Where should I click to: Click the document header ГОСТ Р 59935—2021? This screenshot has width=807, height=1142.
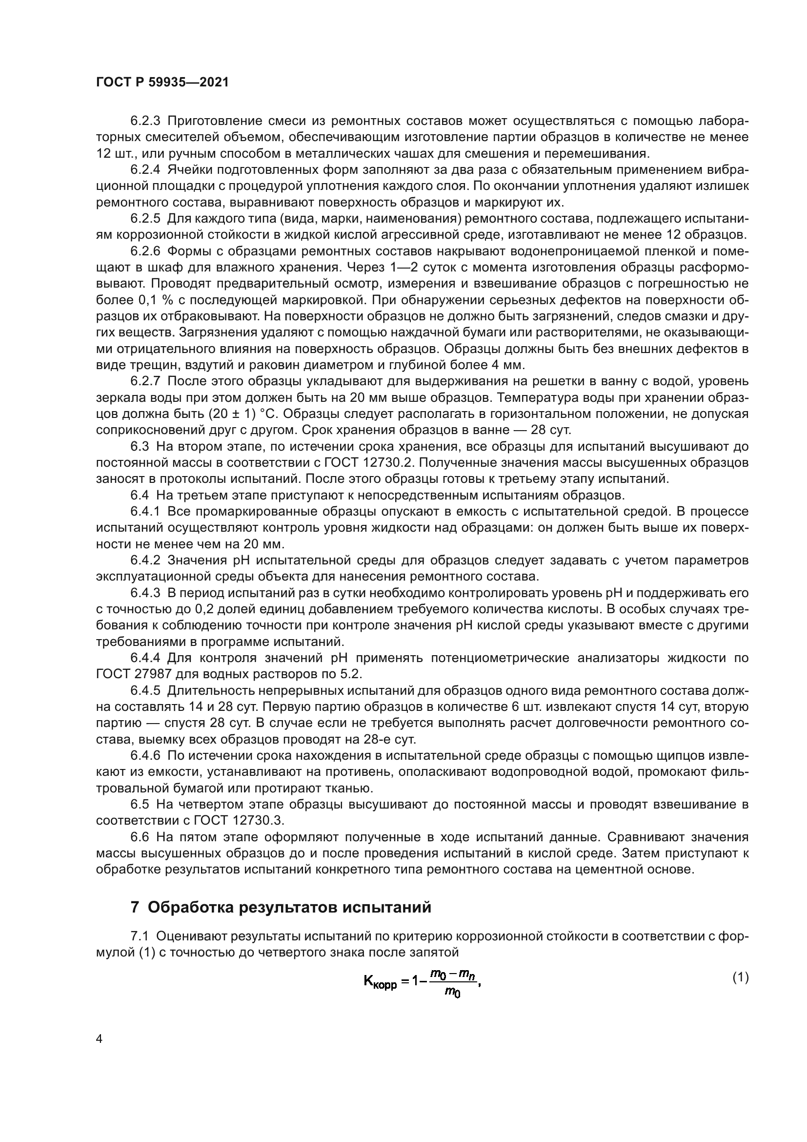tap(162, 83)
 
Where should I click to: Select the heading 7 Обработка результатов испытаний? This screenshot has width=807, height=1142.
tap(281, 907)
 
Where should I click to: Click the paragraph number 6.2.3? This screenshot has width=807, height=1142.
tap(145, 121)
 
